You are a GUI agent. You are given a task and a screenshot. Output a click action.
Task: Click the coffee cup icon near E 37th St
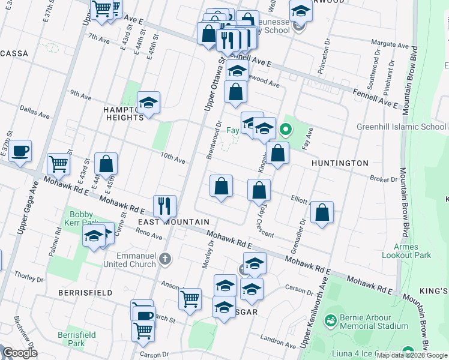pyautogui.click(x=20, y=152)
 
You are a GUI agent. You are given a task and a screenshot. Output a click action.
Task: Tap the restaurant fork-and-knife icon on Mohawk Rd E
pyautogui.click(x=164, y=206)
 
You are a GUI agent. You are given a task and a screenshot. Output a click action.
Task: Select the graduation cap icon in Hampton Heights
pyautogui.click(x=148, y=103)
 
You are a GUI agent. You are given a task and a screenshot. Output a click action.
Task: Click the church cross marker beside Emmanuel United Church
pyautogui.click(x=165, y=259)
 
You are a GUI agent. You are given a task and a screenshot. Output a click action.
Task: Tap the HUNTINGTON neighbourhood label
pyautogui.click(x=340, y=163)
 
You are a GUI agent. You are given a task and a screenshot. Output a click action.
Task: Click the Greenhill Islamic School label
pyautogui.click(x=401, y=127)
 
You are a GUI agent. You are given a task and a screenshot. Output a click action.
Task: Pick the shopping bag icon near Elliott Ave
pyautogui.click(x=322, y=212)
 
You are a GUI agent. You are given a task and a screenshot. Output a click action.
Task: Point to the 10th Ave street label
pyautogui.click(x=173, y=158)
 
